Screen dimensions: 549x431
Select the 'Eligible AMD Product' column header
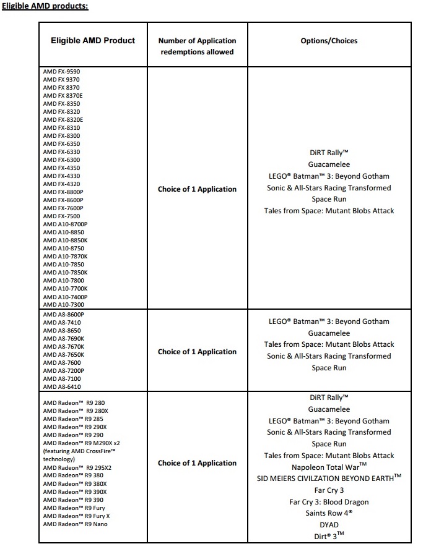[x=93, y=41]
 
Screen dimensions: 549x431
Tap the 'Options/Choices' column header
[x=328, y=41]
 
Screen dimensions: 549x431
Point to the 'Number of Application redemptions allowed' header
[x=197, y=46]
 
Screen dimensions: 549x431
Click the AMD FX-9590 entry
[x=62, y=72]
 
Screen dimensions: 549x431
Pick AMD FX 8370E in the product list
[x=63, y=96]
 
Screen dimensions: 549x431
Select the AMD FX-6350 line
[x=62, y=143]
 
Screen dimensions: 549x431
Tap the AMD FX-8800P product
[x=63, y=192]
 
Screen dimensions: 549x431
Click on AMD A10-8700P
[x=66, y=224]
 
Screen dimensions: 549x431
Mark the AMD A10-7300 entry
[x=64, y=304]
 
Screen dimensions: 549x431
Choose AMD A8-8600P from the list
[x=64, y=315]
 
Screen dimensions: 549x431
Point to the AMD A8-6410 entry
[x=62, y=387]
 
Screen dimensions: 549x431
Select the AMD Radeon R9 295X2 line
[x=77, y=467]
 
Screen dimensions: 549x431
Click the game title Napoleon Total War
[x=329, y=467]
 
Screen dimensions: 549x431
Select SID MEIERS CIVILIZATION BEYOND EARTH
[x=329, y=478]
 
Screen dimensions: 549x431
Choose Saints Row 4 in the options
[x=329, y=513]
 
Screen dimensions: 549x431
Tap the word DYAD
[x=329, y=524]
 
